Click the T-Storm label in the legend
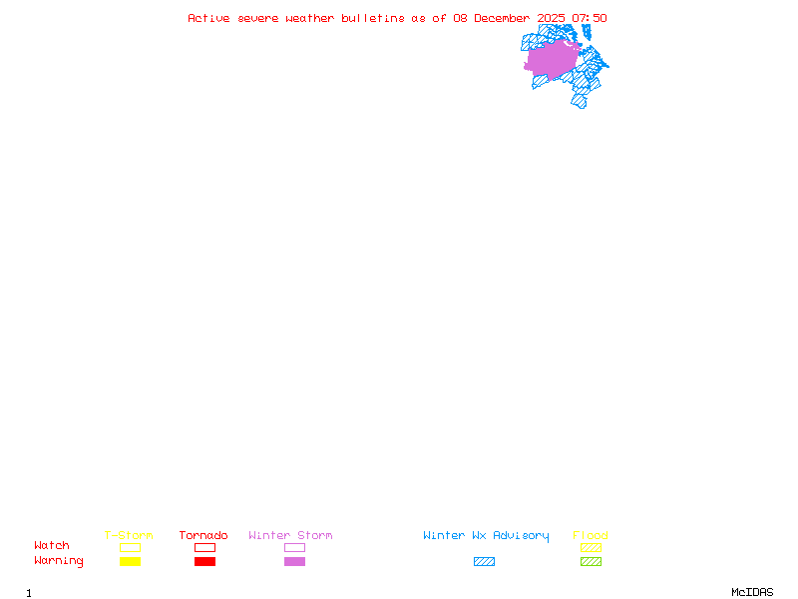[129, 536]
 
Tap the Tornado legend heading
[203, 536]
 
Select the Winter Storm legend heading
[290, 536]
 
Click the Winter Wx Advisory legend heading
[486, 536]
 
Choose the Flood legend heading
[591, 536]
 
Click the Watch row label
[52, 546]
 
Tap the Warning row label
[59, 561]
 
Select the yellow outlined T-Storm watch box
[130, 547]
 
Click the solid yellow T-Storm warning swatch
[130, 561]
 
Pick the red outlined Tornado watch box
[204, 547]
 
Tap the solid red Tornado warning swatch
[204, 561]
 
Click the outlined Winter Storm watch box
[294, 547]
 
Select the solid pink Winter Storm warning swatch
[294, 561]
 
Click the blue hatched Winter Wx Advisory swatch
[484, 561]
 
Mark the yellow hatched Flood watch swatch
[591, 547]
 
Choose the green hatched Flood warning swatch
[591, 561]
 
